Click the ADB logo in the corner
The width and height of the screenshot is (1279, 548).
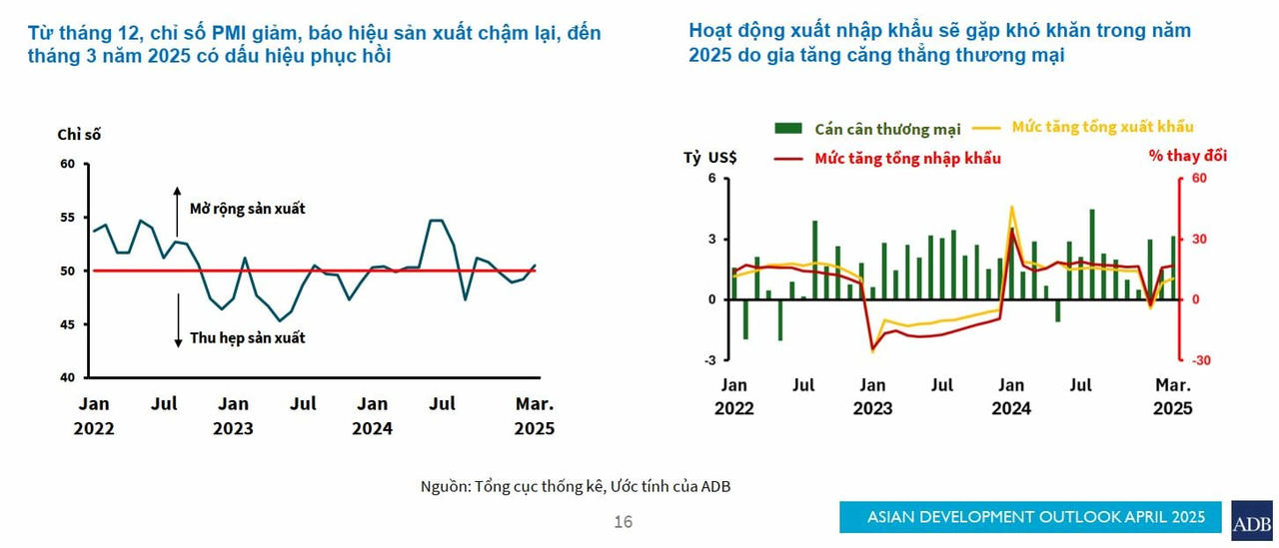(1251, 521)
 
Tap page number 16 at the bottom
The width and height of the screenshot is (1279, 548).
(623, 521)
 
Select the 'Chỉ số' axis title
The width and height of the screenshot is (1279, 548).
(79, 134)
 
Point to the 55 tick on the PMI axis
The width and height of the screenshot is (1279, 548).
(69, 218)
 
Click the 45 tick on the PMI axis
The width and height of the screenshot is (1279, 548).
(69, 324)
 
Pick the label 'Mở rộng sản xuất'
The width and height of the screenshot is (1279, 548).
(247, 209)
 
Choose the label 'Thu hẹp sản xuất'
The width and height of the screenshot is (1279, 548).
(247, 337)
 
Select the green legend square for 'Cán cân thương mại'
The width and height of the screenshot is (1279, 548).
(788, 129)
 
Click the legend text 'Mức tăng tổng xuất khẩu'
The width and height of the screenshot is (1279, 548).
(1102, 127)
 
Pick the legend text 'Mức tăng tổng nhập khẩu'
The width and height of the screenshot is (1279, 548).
(907, 158)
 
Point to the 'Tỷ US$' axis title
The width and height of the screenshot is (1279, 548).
(709, 157)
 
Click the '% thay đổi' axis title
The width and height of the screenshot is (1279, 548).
(1187, 156)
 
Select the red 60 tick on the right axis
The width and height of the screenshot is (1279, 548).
(1199, 179)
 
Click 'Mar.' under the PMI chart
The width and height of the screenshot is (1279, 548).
(534, 404)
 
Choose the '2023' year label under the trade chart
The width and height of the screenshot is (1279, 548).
(872, 408)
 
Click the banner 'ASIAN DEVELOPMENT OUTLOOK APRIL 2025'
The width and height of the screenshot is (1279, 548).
(1029, 516)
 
